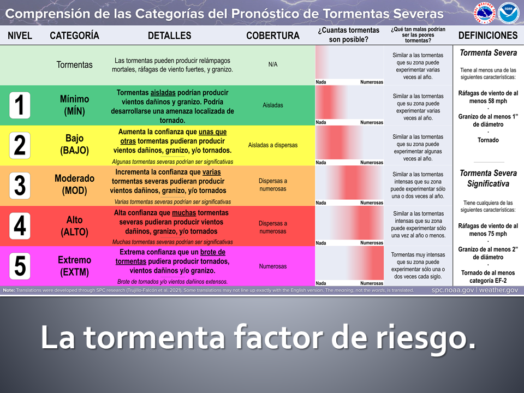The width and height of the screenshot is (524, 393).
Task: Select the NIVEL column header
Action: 20,35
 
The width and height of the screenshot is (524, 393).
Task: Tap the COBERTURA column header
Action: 273,35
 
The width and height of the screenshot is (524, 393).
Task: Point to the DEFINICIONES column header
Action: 488,35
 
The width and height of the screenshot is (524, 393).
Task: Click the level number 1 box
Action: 20,105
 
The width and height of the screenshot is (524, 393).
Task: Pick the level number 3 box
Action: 20,185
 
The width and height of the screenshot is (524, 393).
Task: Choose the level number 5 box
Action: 20,266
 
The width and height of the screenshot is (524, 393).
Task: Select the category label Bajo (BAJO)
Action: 74,145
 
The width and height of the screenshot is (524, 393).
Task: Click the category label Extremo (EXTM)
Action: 74,266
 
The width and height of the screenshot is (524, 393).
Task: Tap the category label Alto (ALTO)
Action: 74,225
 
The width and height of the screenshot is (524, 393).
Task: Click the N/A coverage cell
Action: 273,64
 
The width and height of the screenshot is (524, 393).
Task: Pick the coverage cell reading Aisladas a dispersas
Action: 273,145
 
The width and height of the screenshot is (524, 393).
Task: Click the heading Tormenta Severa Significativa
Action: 488,178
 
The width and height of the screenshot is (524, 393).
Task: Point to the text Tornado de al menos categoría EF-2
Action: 488,277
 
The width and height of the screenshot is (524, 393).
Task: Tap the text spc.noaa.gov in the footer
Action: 452,290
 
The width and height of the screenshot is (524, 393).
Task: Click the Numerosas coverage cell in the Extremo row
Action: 273,266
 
